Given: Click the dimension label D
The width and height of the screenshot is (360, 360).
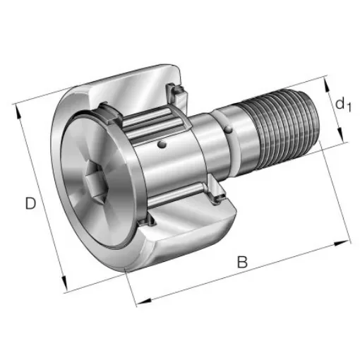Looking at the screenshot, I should tap(30, 204).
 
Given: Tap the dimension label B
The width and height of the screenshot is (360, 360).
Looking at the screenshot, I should tap(242, 262).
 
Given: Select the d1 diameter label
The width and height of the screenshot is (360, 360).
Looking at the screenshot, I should tap(342, 104).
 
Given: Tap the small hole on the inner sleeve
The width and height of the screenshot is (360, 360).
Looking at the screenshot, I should tap(163, 145).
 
